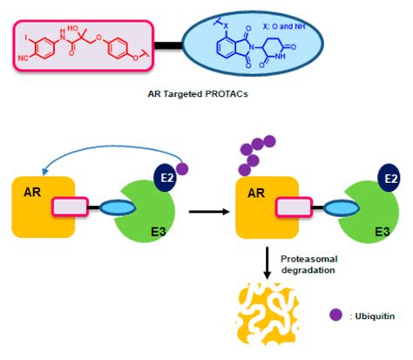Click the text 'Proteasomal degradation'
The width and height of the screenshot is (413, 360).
308,265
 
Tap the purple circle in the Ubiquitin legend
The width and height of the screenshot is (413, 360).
335,316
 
